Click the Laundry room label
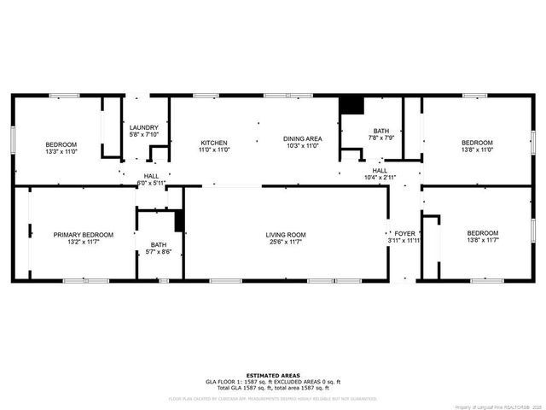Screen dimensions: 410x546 (144, 127)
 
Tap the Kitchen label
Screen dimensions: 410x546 (213, 142)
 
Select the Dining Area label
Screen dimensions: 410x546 (302, 138)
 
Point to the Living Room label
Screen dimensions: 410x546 (286, 235)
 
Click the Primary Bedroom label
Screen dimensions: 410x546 (83, 235)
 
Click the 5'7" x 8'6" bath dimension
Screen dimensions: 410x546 (159, 251)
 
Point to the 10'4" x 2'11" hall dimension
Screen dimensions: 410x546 (380, 178)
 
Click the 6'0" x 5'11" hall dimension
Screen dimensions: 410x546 (151, 183)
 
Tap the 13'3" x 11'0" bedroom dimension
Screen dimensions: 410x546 (61, 151)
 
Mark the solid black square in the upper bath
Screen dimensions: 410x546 (351, 105)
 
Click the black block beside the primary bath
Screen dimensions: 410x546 (180, 220)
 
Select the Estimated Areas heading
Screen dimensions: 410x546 (273, 375)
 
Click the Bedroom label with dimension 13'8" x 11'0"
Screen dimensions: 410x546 (477, 143)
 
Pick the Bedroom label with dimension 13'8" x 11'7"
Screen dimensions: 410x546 (482, 233)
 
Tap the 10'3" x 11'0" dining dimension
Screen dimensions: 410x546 (302, 146)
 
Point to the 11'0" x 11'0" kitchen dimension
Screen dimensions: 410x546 (213, 149)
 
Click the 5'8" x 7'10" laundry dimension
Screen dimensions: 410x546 (144, 135)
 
